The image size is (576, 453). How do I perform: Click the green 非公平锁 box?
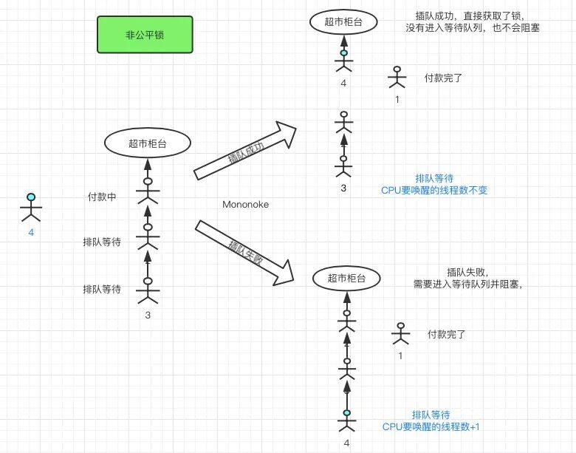tap(145, 35)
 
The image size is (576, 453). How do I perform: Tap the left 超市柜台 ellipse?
tap(148, 143)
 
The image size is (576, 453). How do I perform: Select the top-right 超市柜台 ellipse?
tap(343, 21)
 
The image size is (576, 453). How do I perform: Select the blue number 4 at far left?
tap(31, 233)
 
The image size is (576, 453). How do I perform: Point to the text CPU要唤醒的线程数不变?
tap(433, 190)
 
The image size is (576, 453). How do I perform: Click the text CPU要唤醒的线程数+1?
tap(431, 426)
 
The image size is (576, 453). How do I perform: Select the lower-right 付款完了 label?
tap(446, 334)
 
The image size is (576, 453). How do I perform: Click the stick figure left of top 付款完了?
tap(397, 79)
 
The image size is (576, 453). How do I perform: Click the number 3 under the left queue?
tap(148, 316)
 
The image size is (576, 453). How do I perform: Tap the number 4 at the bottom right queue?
tap(346, 443)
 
